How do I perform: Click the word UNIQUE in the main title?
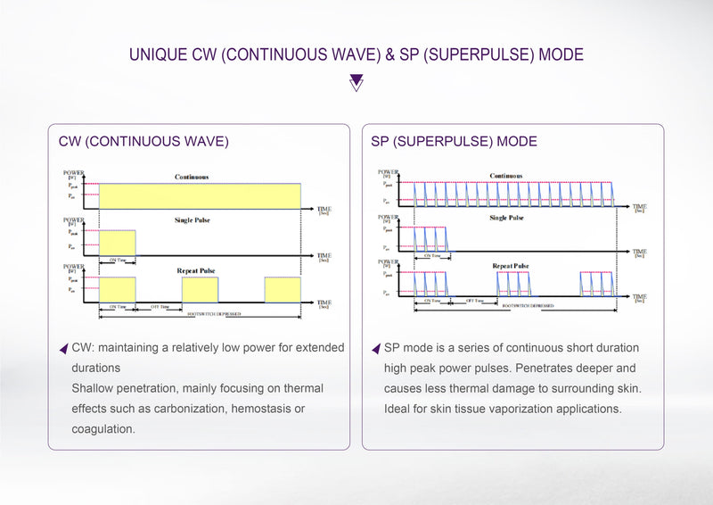point(158,54)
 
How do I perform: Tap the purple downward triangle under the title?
point(356,83)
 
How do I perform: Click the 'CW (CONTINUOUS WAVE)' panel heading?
point(143,142)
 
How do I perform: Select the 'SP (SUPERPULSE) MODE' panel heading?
point(454,142)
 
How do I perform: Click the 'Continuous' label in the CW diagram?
point(192,178)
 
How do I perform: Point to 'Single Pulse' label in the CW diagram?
point(192,219)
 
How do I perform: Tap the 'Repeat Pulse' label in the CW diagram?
point(195,269)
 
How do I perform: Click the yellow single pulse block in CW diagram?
point(117,242)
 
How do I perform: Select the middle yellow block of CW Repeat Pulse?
point(200,289)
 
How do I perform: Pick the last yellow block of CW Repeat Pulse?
point(283,289)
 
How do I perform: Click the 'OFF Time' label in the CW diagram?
point(160,306)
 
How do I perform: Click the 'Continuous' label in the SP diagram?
point(505,176)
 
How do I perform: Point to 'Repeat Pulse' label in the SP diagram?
point(511,266)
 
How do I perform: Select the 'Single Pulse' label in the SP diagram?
point(506,217)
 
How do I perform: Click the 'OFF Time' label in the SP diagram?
point(474,301)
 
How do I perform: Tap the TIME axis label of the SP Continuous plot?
point(639,205)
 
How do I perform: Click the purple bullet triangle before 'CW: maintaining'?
point(62,348)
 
